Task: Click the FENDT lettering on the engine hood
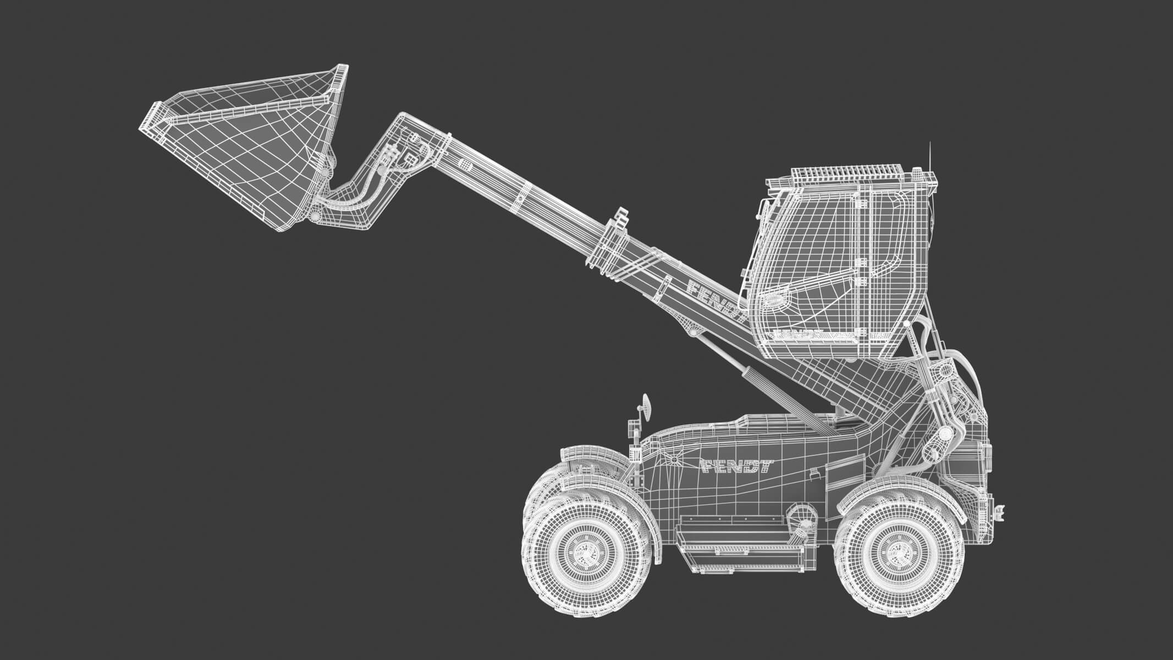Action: tap(737, 466)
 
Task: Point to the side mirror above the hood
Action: tap(646, 407)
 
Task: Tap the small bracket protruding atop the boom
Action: tap(620, 217)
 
